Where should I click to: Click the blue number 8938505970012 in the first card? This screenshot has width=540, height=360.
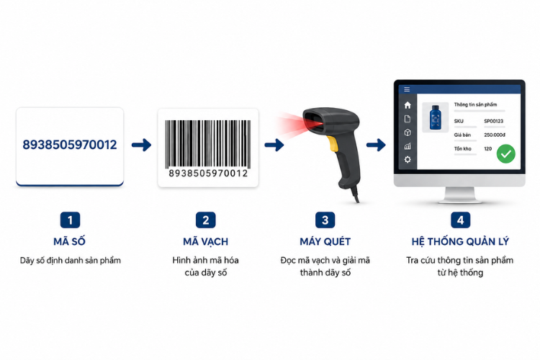pyautogui.click(x=70, y=145)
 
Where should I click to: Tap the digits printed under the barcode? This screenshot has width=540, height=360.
pyautogui.click(x=208, y=174)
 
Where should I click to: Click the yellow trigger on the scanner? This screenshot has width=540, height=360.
pyautogui.click(x=333, y=144)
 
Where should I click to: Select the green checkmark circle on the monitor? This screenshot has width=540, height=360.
pyautogui.click(x=506, y=153)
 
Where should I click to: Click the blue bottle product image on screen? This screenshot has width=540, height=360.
pyautogui.click(x=436, y=117)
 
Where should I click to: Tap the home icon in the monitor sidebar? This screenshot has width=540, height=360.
pyautogui.click(x=408, y=105)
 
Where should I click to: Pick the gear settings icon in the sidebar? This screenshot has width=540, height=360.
pyautogui.click(x=408, y=160)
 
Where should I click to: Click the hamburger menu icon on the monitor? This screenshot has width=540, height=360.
pyautogui.click(x=407, y=89)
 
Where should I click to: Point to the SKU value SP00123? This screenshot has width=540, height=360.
pyautogui.click(x=493, y=121)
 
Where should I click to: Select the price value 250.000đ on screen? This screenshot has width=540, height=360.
pyautogui.click(x=495, y=135)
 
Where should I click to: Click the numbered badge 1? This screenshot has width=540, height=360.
pyautogui.click(x=70, y=220)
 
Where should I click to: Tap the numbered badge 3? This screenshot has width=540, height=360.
pyautogui.click(x=325, y=220)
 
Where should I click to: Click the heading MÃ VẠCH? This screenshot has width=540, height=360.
pyautogui.click(x=206, y=241)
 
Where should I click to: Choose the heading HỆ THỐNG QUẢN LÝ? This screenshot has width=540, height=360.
pyautogui.click(x=460, y=241)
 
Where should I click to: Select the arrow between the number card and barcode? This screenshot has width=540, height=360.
pyautogui.click(x=142, y=145)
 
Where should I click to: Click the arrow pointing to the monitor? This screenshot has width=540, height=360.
pyautogui.click(x=376, y=145)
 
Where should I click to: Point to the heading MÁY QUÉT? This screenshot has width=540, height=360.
pyautogui.click(x=325, y=241)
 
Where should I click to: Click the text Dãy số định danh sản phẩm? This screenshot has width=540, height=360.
pyautogui.click(x=71, y=261)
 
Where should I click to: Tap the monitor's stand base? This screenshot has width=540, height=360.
pyautogui.click(x=460, y=199)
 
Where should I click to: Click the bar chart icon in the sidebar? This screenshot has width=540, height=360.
pyautogui.click(x=408, y=146)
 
